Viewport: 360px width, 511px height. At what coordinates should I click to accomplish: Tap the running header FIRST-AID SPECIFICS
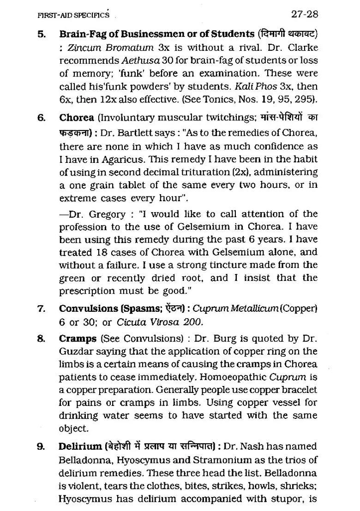[73, 15]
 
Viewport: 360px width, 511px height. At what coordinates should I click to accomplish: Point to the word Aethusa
[137, 60]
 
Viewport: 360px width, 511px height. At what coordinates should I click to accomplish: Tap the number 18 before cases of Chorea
[102, 252]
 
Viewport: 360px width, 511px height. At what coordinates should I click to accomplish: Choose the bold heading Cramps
[78, 339]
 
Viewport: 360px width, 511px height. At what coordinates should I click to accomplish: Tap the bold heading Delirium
[80, 446]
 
